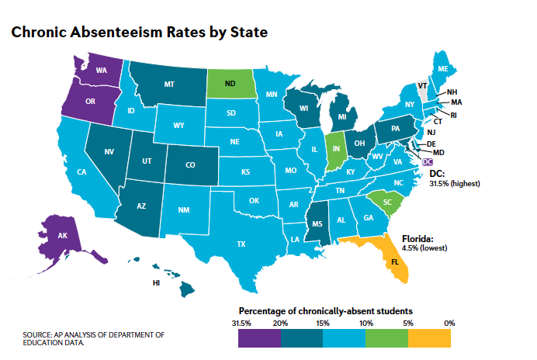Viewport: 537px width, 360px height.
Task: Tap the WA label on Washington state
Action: tap(101, 70)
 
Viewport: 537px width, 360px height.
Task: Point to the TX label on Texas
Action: tap(241, 244)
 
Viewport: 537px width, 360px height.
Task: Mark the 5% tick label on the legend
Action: tap(407, 322)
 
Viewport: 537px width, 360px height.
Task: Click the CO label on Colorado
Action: tap(191, 164)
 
